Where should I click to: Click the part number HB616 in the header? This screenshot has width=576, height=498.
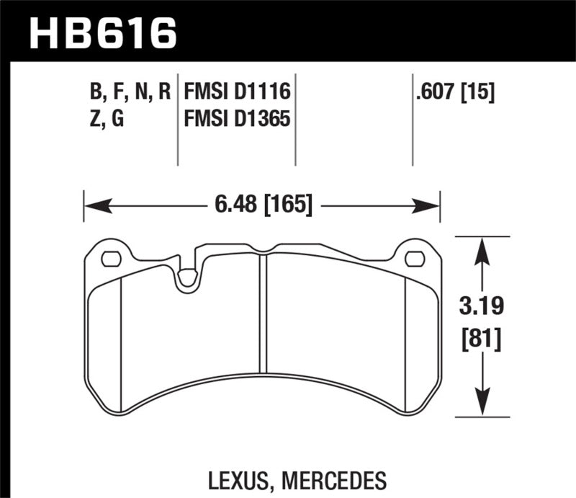101,31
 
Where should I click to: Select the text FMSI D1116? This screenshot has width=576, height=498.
237,92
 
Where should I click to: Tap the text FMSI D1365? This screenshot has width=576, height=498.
237,119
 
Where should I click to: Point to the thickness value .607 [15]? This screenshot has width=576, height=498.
454,92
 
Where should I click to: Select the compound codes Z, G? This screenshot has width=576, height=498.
105,119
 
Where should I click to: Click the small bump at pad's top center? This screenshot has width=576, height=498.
264,250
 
